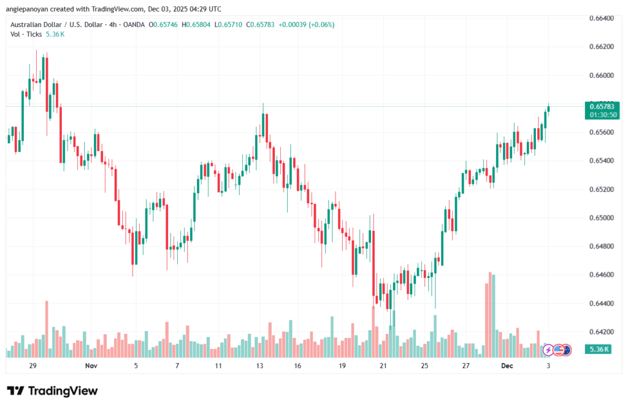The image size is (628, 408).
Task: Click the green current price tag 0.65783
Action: [604, 107]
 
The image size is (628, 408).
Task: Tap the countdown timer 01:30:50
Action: [604, 115]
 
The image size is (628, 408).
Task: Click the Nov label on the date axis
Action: [91, 366]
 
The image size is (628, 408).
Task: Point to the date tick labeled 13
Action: [259, 366]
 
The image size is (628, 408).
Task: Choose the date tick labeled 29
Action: [33, 366]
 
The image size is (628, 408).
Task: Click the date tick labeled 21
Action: [383, 366]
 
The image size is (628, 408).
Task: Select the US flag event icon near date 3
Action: [558, 350]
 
